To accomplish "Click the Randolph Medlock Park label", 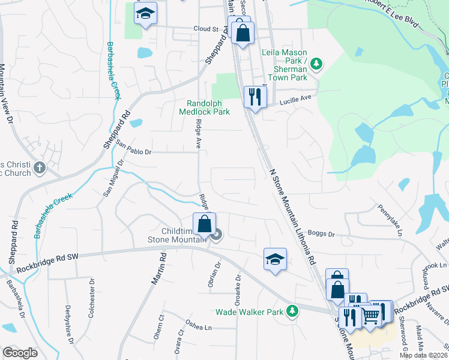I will pyautogui.click(x=204, y=107).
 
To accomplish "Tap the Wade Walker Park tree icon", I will pyautogui.click(x=292, y=311).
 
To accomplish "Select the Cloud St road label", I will pyautogui.click(x=205, y=28).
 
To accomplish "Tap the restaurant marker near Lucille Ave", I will pyautogui.click(x=255, y=96).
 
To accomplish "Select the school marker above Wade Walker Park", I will pyautogui.click(x=275, y=259).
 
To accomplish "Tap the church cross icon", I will pyautogui.click(x=40, y=167).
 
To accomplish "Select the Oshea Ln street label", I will pyautogui.click(x=199, y=327).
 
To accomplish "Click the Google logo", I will pyautogui.click(x=20, y=353).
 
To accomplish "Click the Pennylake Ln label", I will pyautogui.click(x=390, y=220).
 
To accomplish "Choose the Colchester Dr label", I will pyautogui.click(x=91, y=293).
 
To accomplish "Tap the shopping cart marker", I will pyautogui.click(x=371, y=313).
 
